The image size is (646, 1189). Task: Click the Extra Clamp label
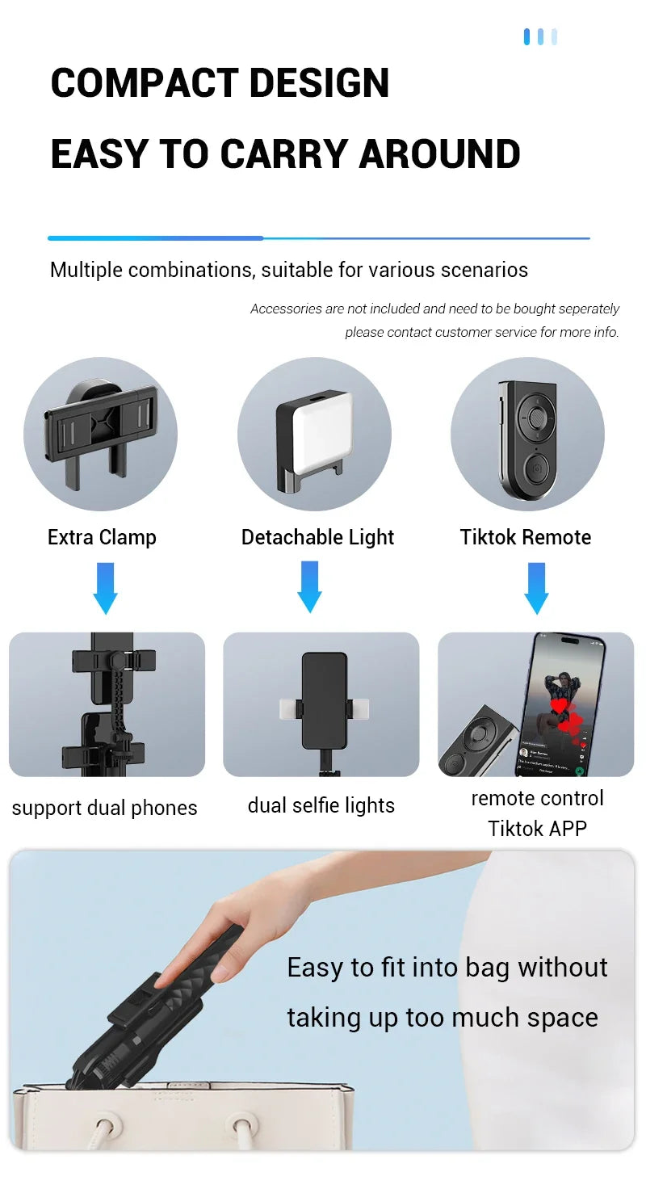pyautogui.click(x=102, y=537)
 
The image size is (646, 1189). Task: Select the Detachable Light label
pyautogui.click(x=317, y=537)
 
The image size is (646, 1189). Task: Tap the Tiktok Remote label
pyautogui.click(x=526, y=537)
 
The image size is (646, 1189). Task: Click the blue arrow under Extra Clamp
pyautogui.click(x=105, y=587)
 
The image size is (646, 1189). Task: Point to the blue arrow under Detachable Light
pyautogui.click(x=309, y=586)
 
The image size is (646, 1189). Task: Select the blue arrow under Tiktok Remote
pyautogui.click(x=536, y=587)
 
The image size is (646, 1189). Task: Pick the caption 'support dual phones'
pyautogui.click(x=104, y=808)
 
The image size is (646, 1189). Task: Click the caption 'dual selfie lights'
pyautogui.click(x=321, y=805)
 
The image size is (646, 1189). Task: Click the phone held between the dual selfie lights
pyautogui.click(x=324, y=700)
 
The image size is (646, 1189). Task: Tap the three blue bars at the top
pyautogui.click(x=540, y=37)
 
